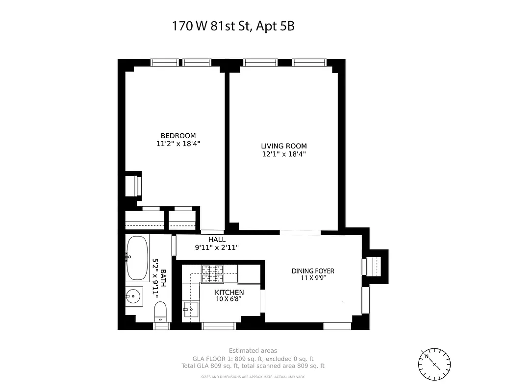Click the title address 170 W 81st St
233,25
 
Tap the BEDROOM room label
178,136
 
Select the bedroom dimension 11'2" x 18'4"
178,144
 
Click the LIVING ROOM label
283,146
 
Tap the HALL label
217,240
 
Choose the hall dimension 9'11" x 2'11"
217,247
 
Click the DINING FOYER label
313,271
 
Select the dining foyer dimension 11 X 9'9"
313,278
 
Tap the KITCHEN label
229,293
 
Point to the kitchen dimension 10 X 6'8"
229,299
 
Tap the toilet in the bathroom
161,312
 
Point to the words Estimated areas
253,350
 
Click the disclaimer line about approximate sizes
253,377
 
